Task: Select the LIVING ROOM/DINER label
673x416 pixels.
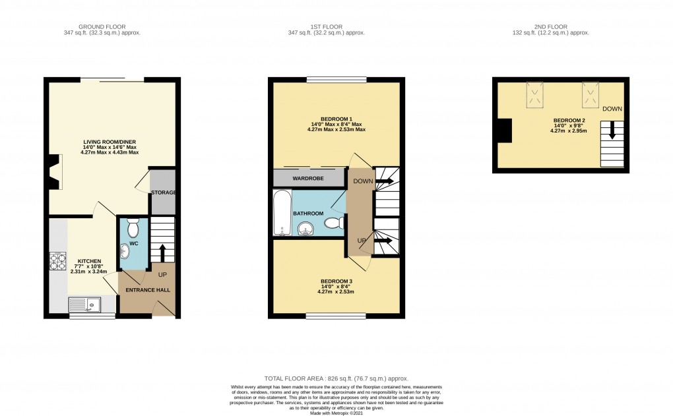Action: point(110,142)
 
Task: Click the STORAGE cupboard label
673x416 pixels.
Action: point(163,193)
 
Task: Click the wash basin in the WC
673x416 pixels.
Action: point(125,251)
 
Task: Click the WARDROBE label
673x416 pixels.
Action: point(309,178)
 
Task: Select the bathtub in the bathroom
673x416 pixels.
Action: point(280,213)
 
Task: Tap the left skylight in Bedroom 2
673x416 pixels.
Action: point(535,96)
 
